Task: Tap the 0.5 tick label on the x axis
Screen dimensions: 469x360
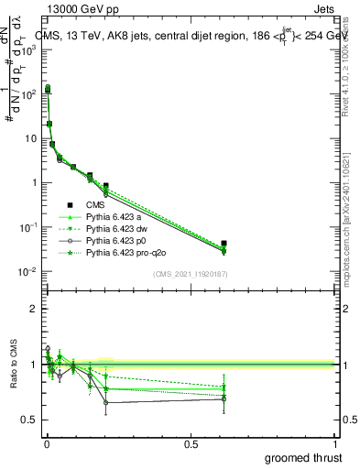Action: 191,443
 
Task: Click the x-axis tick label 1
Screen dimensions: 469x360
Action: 335,443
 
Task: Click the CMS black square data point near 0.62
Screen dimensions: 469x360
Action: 224,244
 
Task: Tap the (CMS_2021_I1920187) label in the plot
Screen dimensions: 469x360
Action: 190,274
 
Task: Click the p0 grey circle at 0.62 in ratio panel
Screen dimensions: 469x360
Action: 224,398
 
